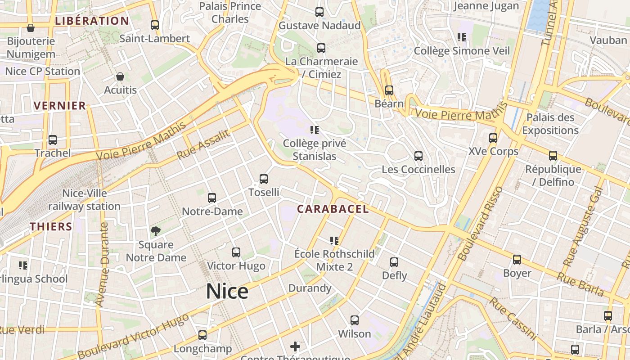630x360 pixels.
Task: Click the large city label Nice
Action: coord(227,291)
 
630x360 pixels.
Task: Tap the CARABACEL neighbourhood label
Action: coord(333,209)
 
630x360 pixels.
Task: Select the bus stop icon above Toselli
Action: coord(264,179)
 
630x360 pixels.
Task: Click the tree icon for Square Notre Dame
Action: coord(156,231)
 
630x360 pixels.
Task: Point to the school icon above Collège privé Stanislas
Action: coord(315,130)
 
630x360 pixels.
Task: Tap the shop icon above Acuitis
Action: coord(120,76)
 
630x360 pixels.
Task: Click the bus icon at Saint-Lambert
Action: coord(155,25)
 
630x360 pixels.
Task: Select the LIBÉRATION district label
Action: coord(92,21)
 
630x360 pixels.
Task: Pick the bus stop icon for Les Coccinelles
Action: coord(418,156)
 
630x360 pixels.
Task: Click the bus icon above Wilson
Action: coord(355,320)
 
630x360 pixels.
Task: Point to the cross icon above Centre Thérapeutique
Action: coord(295,346)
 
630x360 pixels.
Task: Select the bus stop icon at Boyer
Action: coord(517,260)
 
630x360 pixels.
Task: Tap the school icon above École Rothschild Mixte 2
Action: coord(334,240)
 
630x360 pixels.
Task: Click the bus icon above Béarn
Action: coord(389,90)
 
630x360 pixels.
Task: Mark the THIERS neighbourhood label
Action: coord(51,226)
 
